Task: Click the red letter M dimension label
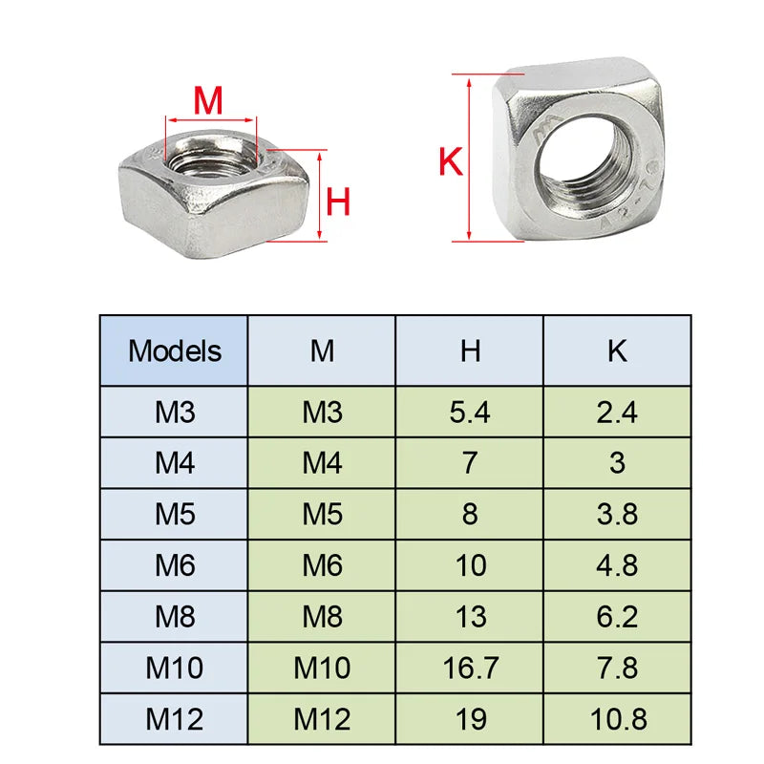[208, 99]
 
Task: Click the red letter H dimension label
[339, 202]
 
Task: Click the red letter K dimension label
[450, 162]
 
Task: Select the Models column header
[175, 350]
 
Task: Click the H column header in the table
[470, 350]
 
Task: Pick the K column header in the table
[617, 350]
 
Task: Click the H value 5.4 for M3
[470, 413]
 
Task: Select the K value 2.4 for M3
[617, 413]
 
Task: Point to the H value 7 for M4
[470, 463]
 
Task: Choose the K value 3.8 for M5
[617, 515]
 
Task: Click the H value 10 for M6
[470, 565]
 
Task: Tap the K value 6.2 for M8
[617, 617]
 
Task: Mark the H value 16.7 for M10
[470, 668]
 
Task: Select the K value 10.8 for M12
[617, 719]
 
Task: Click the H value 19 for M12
[470, 719]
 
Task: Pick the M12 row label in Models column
[175, 719]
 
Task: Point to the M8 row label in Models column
[175, 617]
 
